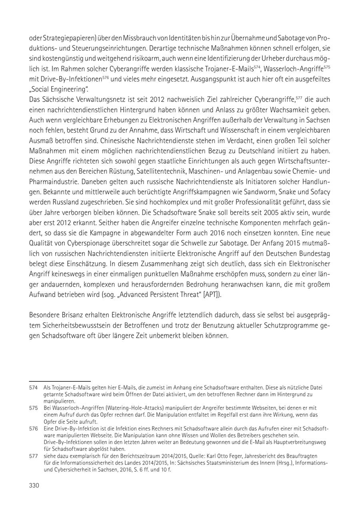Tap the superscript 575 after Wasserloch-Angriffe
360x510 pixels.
[327, 66]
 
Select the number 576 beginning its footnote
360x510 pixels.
[34, 428]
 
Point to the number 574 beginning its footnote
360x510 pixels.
[34, 387]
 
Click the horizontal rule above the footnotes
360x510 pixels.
[60, 382]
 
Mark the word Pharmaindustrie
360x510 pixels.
[53, 182]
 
